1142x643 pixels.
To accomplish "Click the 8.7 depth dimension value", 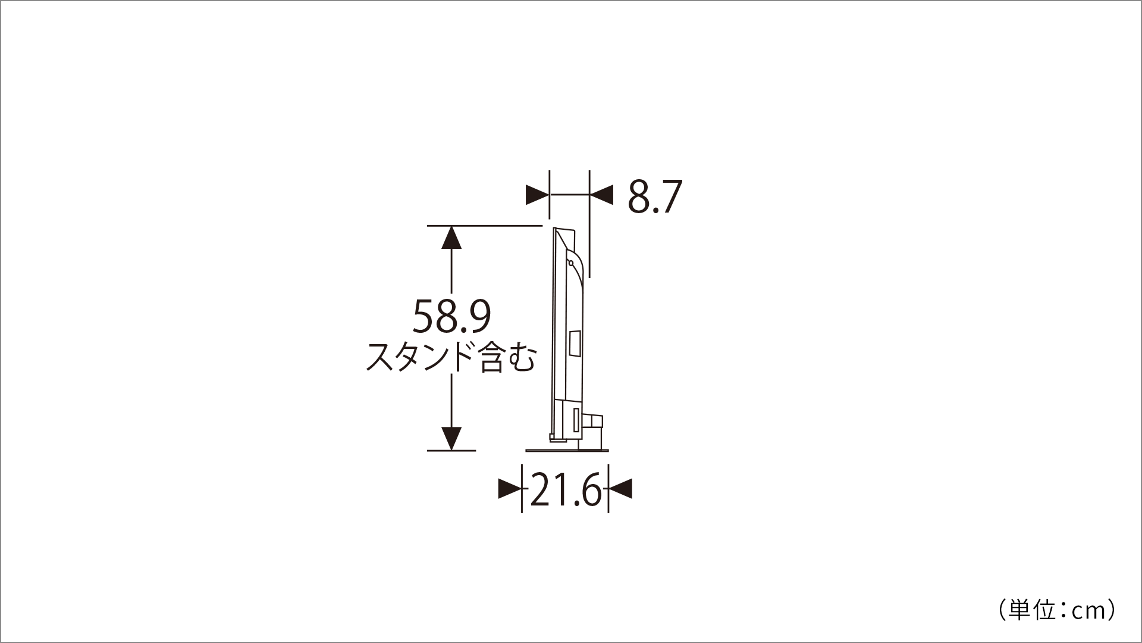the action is [x=654, y=196].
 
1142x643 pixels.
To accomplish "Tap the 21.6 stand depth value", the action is [x=565, y=491].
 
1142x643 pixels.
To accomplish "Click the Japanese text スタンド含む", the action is [x=451, y=357].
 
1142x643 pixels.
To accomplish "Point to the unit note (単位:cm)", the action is [x=1055, y=610].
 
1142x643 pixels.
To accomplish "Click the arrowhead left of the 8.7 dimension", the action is [x=537, y=194].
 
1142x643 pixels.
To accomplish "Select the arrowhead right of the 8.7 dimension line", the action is [x=601, y=194].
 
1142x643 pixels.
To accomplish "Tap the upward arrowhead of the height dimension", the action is [x=452, y=237].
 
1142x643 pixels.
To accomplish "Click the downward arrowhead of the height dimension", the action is [x=452, y=439].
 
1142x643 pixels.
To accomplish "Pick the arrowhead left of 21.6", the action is [x=510, y=490].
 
